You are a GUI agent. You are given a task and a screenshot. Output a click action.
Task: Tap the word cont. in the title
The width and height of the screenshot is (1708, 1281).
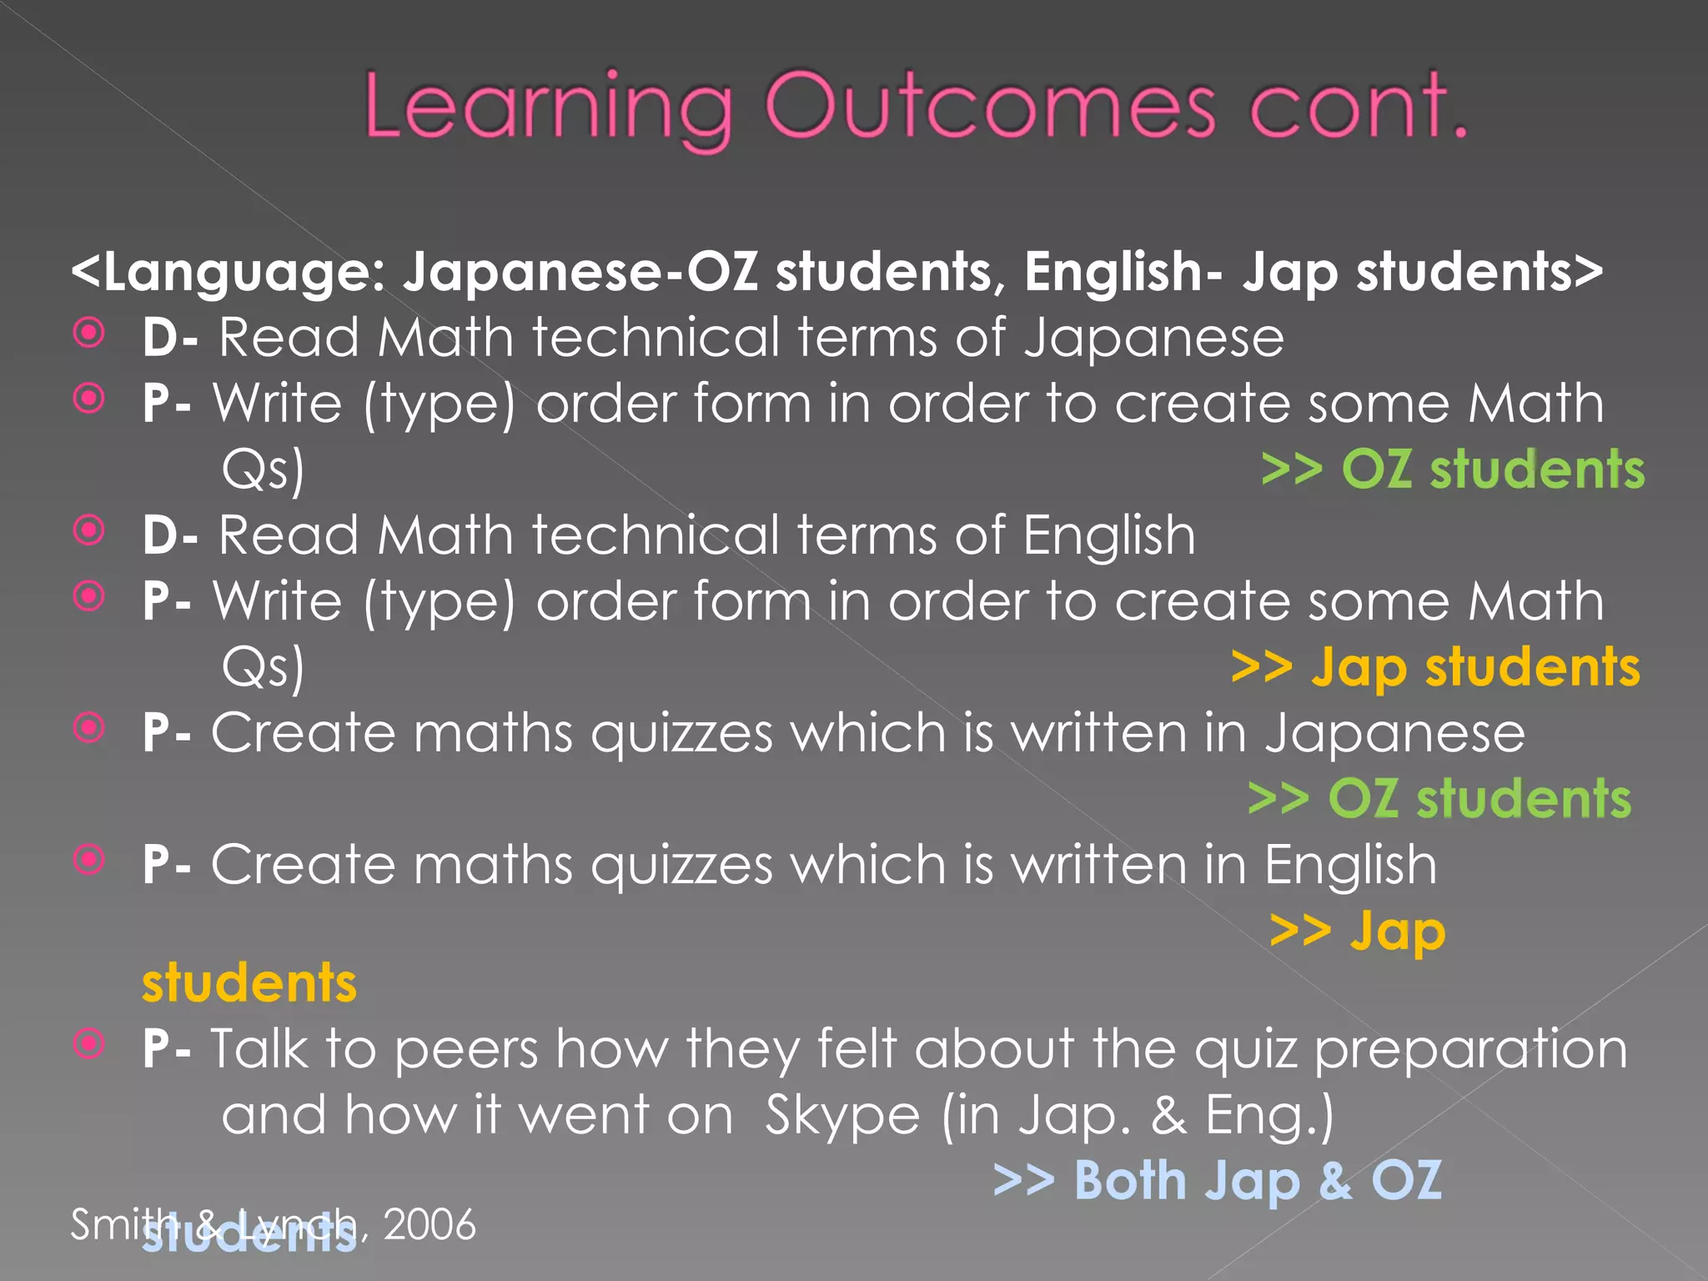(x=1358, y=106)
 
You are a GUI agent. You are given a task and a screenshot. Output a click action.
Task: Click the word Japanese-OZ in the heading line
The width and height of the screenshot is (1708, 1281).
(x=580, y=272)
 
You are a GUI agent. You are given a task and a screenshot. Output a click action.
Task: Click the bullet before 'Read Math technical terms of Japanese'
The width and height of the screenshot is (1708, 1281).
(x=89, y=334)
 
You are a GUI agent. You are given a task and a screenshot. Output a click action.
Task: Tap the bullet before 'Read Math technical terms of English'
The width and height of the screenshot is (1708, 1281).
(x=89, y=530)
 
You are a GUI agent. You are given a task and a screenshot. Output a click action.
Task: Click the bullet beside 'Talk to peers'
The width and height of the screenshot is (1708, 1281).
(x=89, y=1043)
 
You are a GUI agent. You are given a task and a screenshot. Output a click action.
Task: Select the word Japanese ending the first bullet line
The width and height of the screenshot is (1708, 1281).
(x=1153, y=339)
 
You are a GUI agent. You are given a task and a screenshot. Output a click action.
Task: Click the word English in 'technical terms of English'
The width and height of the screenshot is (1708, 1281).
(x=1108, y=535)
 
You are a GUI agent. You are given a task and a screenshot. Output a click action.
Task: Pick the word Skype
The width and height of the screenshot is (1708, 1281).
(x=842, y=1116)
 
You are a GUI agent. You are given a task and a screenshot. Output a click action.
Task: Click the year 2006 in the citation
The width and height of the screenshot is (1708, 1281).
(x=430, y=1224)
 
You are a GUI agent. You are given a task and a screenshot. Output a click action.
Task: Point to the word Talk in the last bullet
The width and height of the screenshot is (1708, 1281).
(x=259, y=1048)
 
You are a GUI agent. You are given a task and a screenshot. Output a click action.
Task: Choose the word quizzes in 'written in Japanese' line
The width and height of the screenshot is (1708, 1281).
(x=681, y=734)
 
